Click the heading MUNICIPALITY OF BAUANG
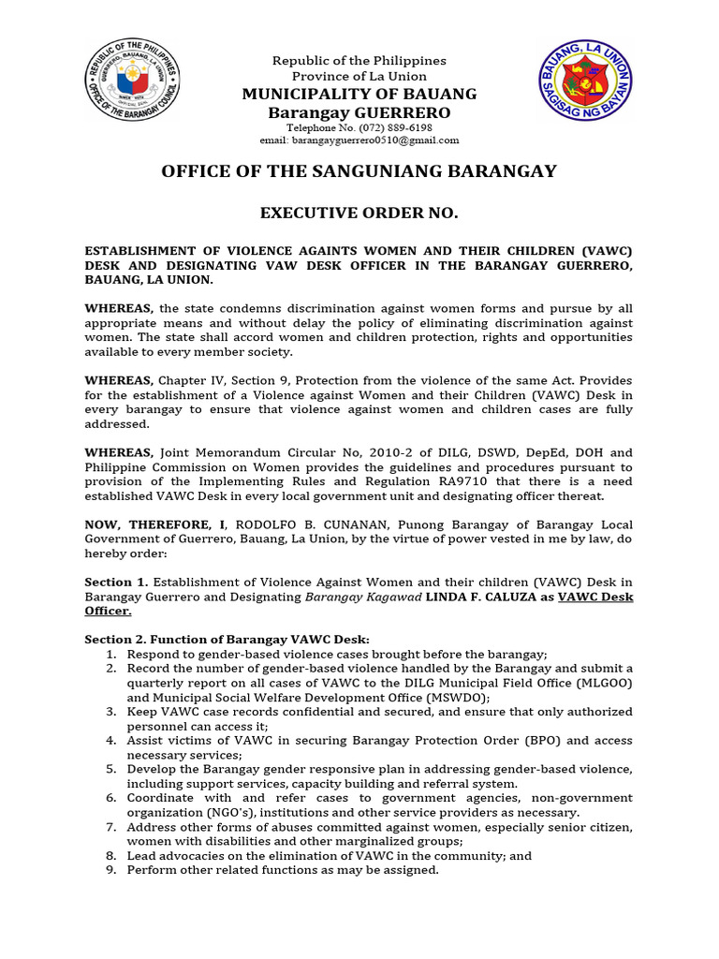coord(359,94)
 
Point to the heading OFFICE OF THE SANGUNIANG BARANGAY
coord(359,171)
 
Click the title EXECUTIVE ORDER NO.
coord(359,214)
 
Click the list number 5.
coord(110,770)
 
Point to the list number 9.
coord(110,870)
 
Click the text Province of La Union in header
coord(359,76)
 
